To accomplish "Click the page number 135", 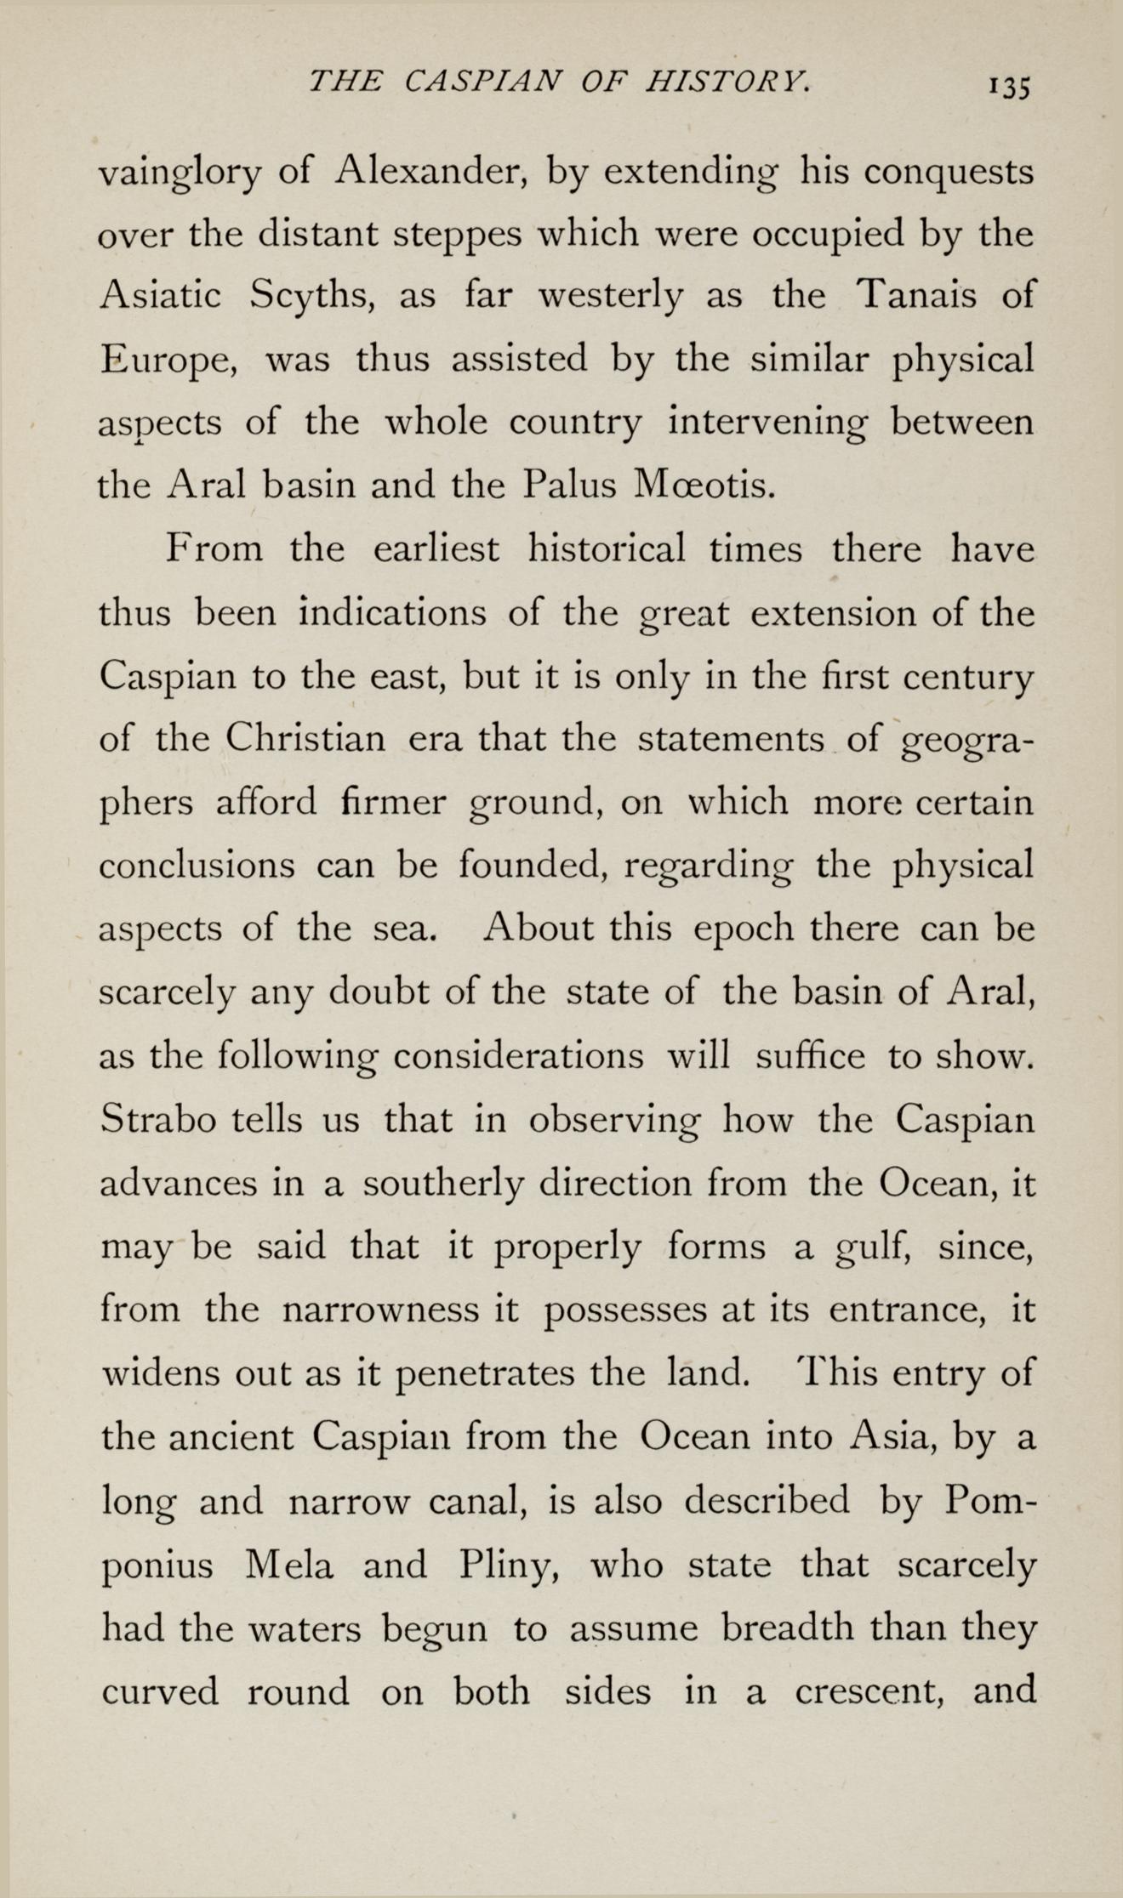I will (1009, 86).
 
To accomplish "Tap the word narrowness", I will (380, 1310).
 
